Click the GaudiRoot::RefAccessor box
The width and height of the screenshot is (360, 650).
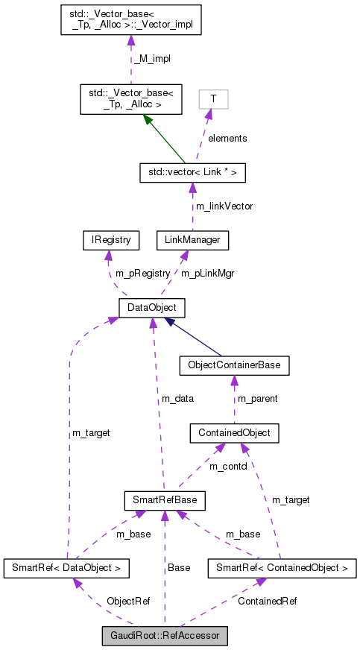165,636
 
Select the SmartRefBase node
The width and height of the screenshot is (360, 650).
164,498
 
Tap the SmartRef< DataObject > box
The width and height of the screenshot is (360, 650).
66,569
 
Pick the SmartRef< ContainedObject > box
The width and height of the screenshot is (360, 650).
281,569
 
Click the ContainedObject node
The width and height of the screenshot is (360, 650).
234,432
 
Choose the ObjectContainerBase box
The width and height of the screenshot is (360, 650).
234,366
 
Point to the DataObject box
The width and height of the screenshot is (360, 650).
152,307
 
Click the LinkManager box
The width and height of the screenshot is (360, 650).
192,240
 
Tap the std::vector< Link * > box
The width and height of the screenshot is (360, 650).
192,173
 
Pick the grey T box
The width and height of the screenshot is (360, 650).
213,98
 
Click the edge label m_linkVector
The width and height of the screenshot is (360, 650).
224,206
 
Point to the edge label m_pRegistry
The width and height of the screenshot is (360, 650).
142,274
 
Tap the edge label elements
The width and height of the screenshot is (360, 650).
227,138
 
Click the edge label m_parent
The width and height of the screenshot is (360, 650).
257,399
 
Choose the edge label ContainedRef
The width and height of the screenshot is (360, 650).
267,601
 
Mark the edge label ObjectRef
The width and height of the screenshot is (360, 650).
128,601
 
